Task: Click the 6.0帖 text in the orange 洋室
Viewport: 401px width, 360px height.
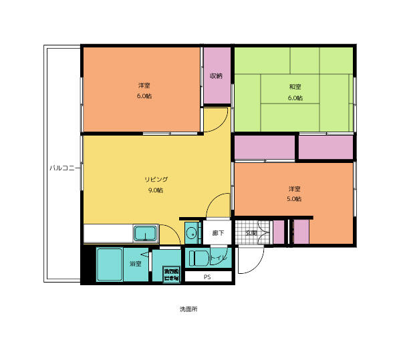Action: click(x=144, y=96)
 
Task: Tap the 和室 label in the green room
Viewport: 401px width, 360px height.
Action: click(x=295, y=87)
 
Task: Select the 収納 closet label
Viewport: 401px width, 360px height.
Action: click(x=216, y=75)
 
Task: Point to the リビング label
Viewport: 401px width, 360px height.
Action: click(x=156, y=180)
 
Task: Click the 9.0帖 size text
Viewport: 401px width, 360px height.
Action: click(x=156, y=190)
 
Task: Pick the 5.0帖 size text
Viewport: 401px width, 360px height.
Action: click(x=294, y=199)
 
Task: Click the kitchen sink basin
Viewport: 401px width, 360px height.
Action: click(x=145, y=234)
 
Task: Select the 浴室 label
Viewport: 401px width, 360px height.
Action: click(x=136, y=264)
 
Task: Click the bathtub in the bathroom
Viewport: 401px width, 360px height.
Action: click(x=109, y=264)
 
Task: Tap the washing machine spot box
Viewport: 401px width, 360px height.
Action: click(x=171, y=274)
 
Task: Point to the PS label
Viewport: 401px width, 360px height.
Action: click(x=207, y=277)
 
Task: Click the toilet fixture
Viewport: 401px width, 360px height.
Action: click(x=198, y=258)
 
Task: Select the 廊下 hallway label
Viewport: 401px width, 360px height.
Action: click(x=218, y=233)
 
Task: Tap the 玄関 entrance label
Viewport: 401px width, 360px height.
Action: click(x=251, y=233)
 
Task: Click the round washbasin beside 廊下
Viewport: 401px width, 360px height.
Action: click(x=192, y=233)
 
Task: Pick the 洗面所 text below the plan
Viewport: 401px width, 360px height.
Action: click(x=188, y=310)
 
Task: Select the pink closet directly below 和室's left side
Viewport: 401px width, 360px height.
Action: click(x=265, y=147)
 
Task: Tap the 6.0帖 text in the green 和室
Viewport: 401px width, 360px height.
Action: click(x=295, y=98)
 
